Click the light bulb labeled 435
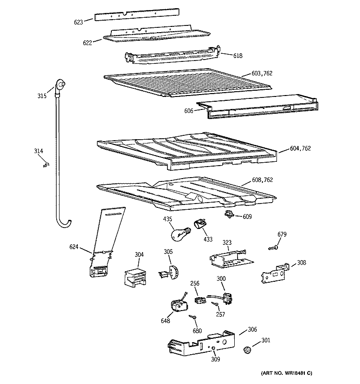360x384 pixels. point(179,234)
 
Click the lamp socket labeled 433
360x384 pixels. point(200,225)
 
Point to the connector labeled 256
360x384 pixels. point(200,300)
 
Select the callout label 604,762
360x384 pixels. point(300,148)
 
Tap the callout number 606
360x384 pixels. point(188,111)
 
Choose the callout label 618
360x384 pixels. point(238,56)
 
